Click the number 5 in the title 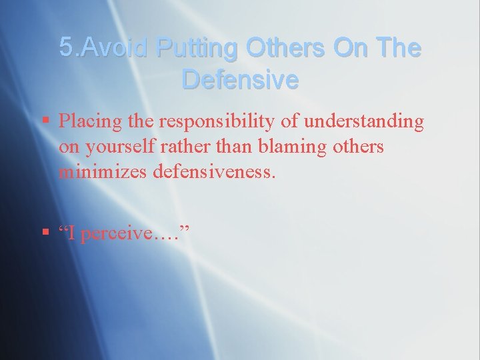pos(66,48)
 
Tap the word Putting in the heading pos(197,48)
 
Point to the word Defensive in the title pos(240,80)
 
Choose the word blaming pos(287,147)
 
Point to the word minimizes pos(103,171)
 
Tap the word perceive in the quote pos(125,235)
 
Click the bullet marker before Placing pos(45,121)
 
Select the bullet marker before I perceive pos(45,233)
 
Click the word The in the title pos(399,48)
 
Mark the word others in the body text pos(353,147)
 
